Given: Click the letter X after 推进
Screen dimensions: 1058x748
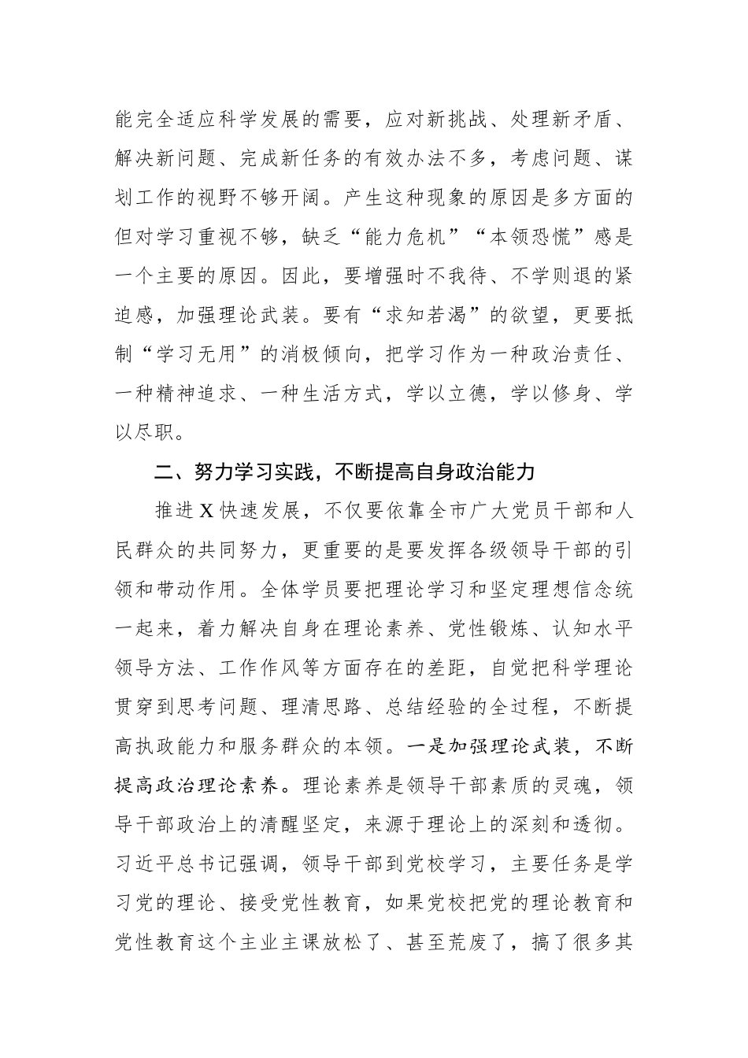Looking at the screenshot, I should click(x=206, y=510).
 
